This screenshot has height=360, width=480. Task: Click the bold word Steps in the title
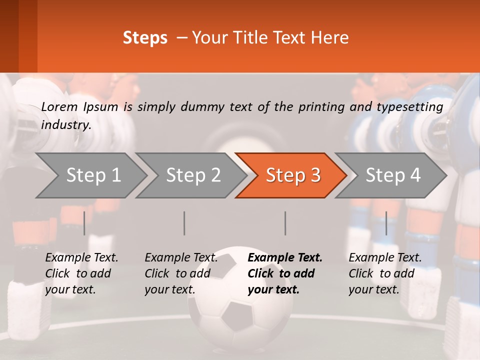(145, 38)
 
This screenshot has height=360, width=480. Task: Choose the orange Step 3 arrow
(293, 175)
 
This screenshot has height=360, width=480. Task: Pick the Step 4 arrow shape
(393, 175)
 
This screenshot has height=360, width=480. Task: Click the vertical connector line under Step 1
(84, 223)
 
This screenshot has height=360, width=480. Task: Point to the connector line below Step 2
(184, 223)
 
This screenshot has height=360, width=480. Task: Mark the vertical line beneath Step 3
(285, 223)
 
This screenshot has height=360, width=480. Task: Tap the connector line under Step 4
(386, 223)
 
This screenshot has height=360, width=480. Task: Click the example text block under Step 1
(81, 273)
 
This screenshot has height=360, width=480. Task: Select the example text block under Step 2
(181, 273)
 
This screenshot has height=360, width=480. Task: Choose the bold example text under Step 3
(285, 273)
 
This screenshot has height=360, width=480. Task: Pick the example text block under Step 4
(385, 273)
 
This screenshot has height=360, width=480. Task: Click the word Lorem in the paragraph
(59, 106)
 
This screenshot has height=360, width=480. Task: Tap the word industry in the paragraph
(66, 125)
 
